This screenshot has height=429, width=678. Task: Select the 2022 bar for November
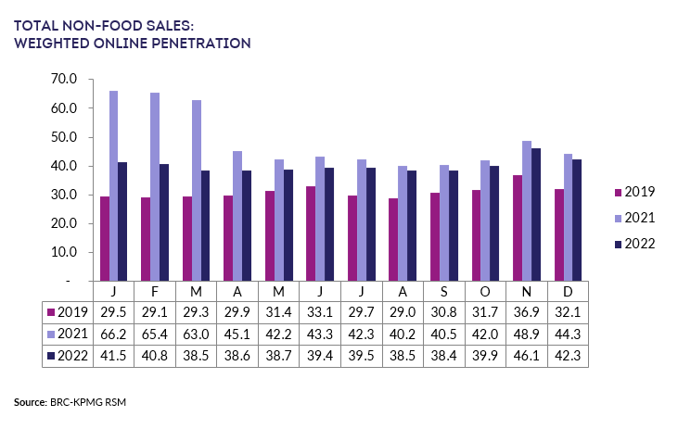point(536,214)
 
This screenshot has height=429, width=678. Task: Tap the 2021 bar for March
point(196,190)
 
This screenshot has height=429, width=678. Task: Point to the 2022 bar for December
point(577,220)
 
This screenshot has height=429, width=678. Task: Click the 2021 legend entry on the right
point(633,218)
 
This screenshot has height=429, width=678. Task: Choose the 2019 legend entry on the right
point(633,192)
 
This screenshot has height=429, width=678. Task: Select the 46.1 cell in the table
point(524,355)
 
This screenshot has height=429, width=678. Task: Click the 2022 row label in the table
point(67,355)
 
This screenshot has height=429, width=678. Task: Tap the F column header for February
point(154,291)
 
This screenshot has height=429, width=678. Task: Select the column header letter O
point(483,291)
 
